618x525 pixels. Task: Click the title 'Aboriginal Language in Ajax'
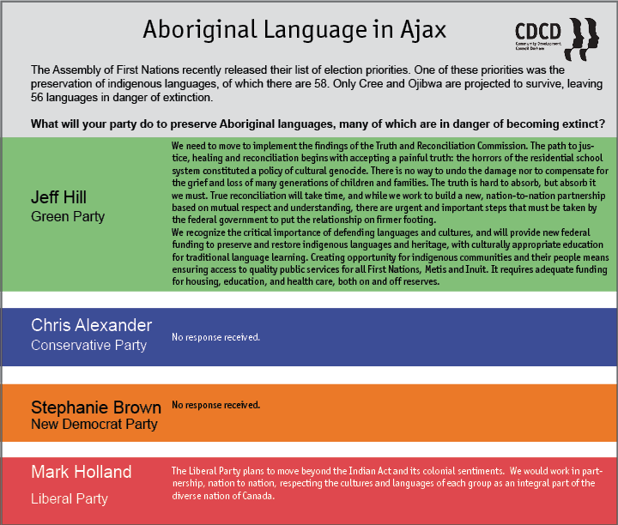pyautogui.click(x=294, y=30)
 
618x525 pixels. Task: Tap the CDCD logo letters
pyautogui.click(x=538, y=32)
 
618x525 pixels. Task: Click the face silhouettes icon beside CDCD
pyautogui.click(x=582, y=39)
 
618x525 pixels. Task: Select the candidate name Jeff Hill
pyautogui.click(x=58, y=197)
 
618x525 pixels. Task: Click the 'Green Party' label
pyautogui.click(x=68, y=217)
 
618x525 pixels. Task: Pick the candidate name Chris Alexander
pyautogui.click(x=92, y=325)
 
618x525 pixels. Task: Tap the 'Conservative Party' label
pyautogui.click(x=88, y=346)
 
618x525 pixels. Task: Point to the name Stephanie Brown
pyautogui.click(x=96, y=407)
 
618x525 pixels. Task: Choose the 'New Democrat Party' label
pyautogui.click(x=94, y=424)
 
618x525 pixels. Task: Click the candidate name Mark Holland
pyautogui.click(x=82, y=472)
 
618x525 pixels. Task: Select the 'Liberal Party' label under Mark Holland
pyautogui.click(x=70, y=499)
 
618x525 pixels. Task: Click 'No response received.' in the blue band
pyautogui.click(x=216, y=337)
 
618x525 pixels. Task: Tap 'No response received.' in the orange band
pyautogui.click(x=216, y=405)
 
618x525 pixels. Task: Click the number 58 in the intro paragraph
pyautogui.click(x=320, y=83)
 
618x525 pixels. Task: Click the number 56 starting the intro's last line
pyautogui.click(x=37, y=97)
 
